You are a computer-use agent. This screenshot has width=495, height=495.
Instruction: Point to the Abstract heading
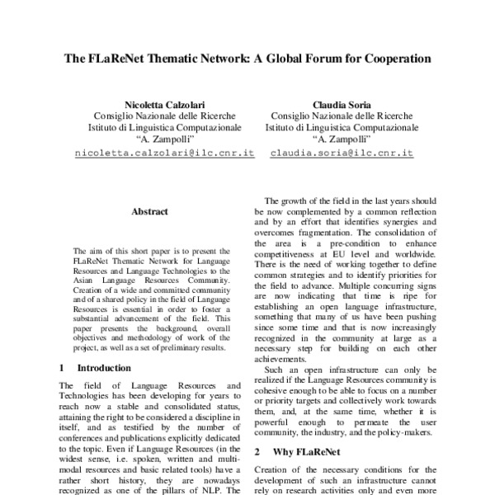(x=149, y=211)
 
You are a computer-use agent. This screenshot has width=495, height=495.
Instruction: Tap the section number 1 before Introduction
(x=64, y=367)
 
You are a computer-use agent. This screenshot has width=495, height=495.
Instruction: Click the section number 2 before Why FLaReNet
(x=257, y=452)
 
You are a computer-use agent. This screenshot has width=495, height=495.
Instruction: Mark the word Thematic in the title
(x=183, y=60)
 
